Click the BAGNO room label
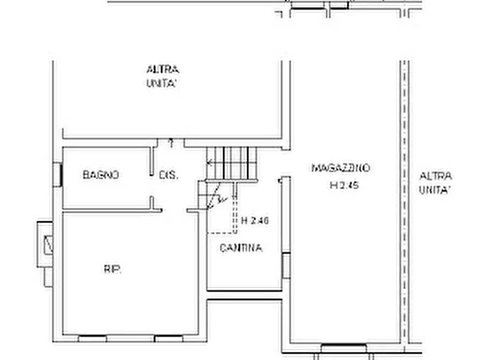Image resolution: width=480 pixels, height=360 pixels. (x=101, y=175)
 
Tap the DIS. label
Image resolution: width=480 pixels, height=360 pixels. (x=169, y=175)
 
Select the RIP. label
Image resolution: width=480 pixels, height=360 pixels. (x=112, y=269)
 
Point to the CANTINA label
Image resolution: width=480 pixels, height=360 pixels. (x=241, y=248)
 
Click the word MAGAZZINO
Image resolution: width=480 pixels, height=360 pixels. (x=341, y=168)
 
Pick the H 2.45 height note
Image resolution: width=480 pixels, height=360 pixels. (x=344, y=186)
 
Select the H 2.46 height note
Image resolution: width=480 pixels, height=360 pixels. (x=255, y=220)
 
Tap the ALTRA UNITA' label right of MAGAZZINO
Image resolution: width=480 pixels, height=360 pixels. (x=435, y=183)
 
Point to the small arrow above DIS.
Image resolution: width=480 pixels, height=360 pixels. (x=171, y=142)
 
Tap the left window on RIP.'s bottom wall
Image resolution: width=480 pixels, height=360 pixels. (x=92, y=339)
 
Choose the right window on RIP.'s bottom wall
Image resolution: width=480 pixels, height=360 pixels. (x=169, y=339)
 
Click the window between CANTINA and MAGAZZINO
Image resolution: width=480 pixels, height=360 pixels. (x=286, y=265)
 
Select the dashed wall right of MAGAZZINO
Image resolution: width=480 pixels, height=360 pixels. (x=404, y=199)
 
